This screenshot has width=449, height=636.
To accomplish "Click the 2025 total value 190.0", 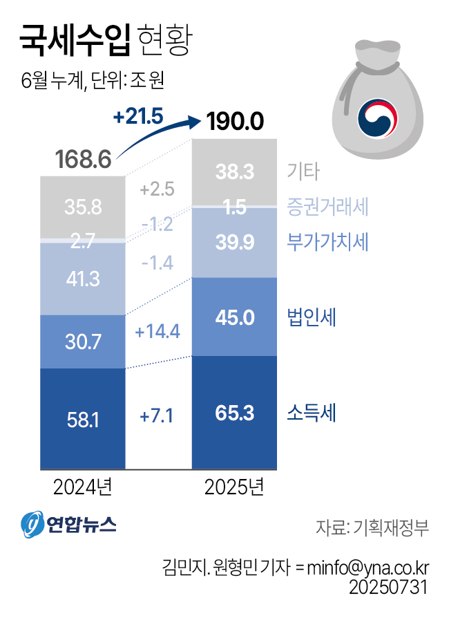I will pyautogui.click(x=236, y=122).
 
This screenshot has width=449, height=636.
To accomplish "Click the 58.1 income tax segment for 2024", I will pyautogui.click(x=84, y=419).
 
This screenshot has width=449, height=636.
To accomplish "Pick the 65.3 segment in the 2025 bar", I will pyautogui.click(x=235, y=413).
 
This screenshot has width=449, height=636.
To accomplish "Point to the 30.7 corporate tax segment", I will pyautogui.click(x=84, y=342).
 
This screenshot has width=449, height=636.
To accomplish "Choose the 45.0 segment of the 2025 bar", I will pyautogui.click(x=235, y=317).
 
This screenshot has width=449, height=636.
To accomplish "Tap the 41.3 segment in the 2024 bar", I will pyautogui.click(x=84, y=279).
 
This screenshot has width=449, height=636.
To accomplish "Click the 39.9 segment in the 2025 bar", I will pyautogui.click(x=235, y=242).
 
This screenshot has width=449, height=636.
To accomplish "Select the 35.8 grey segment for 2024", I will pyautogui.click(x=84, y=207).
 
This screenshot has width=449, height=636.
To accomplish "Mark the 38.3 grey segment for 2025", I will pyautogui.click(x=235, y=171).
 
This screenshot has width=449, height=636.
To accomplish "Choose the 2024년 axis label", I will pyautogui.click(x=83, y=487).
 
